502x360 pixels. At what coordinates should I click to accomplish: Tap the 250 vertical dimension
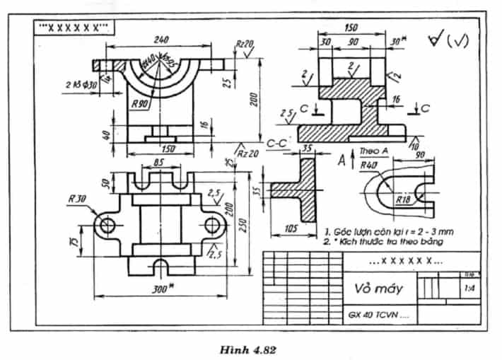240,222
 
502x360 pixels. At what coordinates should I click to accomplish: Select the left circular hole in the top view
107,225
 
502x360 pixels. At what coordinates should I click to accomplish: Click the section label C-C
276,144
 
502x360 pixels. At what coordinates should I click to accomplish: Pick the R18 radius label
404,200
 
